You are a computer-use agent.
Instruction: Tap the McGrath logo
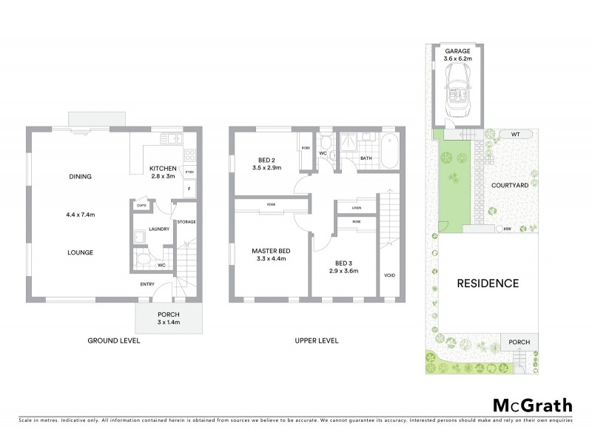532,405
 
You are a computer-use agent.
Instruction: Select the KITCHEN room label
163,168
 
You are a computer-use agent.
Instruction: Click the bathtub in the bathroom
390,152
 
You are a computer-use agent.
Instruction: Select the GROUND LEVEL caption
114,341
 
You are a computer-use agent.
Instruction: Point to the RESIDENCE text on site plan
487,283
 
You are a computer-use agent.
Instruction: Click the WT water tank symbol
515,134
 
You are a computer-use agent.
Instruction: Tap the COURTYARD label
510,186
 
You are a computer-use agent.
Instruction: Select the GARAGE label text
458,51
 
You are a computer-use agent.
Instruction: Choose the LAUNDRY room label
159,229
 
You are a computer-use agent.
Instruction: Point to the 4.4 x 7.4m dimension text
81,215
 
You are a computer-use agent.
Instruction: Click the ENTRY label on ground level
148,283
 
